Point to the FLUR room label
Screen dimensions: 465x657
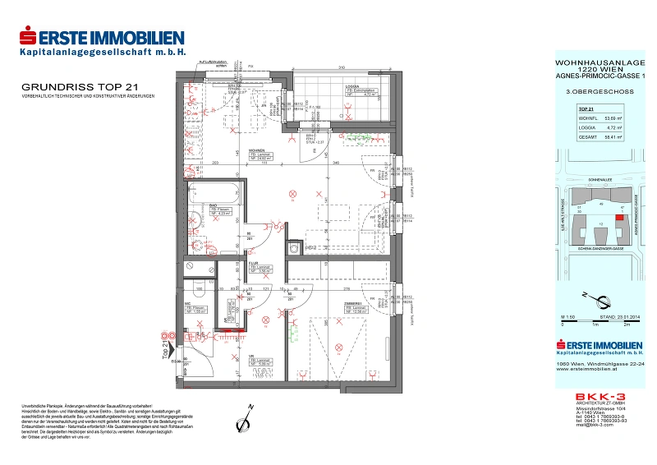pos(255,264)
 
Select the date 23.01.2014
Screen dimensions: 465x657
pos(623,316)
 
